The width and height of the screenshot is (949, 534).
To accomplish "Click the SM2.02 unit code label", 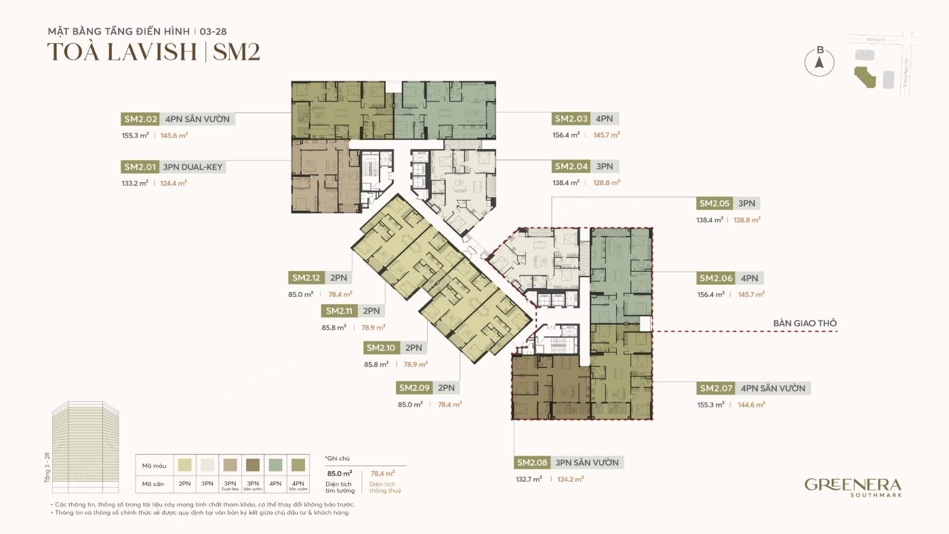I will (x=140, y=119).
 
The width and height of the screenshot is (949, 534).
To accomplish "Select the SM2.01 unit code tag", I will (x=140, y=167).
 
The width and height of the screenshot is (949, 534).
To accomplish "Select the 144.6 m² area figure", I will (x=751, y=405).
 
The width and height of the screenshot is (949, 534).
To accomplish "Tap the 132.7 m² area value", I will (x=529, y=479).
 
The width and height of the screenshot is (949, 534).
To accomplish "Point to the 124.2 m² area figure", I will (x=570, y=479).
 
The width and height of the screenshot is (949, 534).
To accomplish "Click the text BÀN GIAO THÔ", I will (x=805, y=323).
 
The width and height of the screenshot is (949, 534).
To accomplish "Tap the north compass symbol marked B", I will (x=819, y=62).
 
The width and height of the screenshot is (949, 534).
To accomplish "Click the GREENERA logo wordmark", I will (x=852, y=485).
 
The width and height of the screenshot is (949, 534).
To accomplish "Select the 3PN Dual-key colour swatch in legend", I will (x=230, y=466).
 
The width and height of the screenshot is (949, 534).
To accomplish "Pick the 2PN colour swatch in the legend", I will (x=184, y=466).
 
